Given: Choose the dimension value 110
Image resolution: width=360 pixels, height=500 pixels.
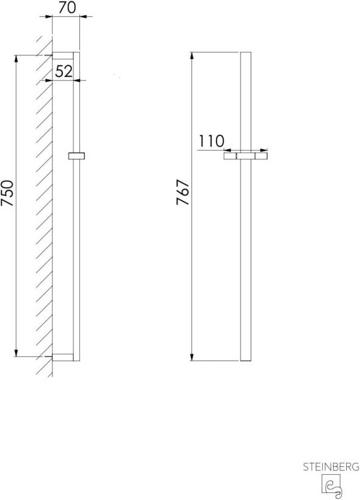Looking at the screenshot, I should [211, 141].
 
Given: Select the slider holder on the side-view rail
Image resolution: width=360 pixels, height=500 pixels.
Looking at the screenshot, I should [77, 156].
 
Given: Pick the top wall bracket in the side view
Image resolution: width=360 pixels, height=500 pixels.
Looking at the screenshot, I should [63, 54].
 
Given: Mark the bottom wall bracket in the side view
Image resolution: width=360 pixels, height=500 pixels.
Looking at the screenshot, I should [63, 358].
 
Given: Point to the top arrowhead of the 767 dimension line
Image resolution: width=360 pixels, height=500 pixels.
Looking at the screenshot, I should [193, 54].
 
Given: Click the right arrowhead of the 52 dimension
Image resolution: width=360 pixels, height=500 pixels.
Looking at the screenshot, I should [79, 80].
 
